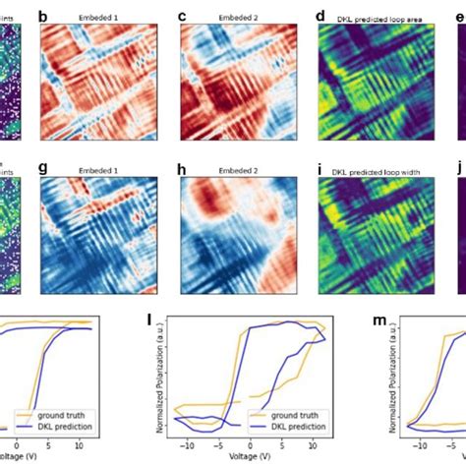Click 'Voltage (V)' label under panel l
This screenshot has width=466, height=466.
250,457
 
